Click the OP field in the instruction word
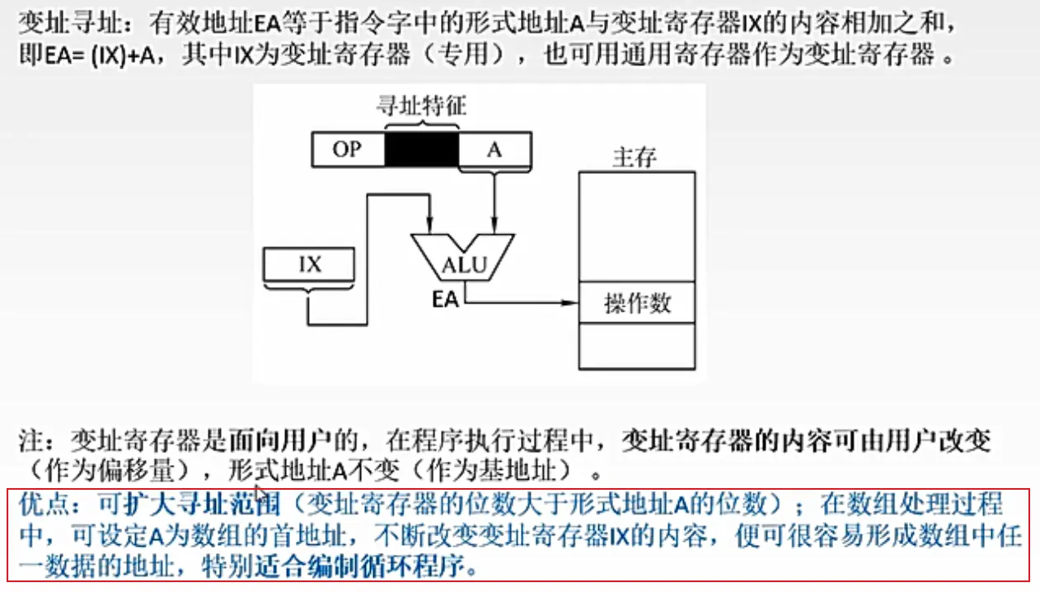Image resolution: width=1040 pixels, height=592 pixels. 348,151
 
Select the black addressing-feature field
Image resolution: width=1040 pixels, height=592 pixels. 421,151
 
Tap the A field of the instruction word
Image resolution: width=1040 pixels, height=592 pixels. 494,151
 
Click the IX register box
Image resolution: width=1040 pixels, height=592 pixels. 310,265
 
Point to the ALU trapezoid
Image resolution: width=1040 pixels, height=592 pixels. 462,257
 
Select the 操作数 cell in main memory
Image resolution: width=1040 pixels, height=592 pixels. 637,303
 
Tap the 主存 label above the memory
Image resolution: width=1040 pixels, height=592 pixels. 635,157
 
